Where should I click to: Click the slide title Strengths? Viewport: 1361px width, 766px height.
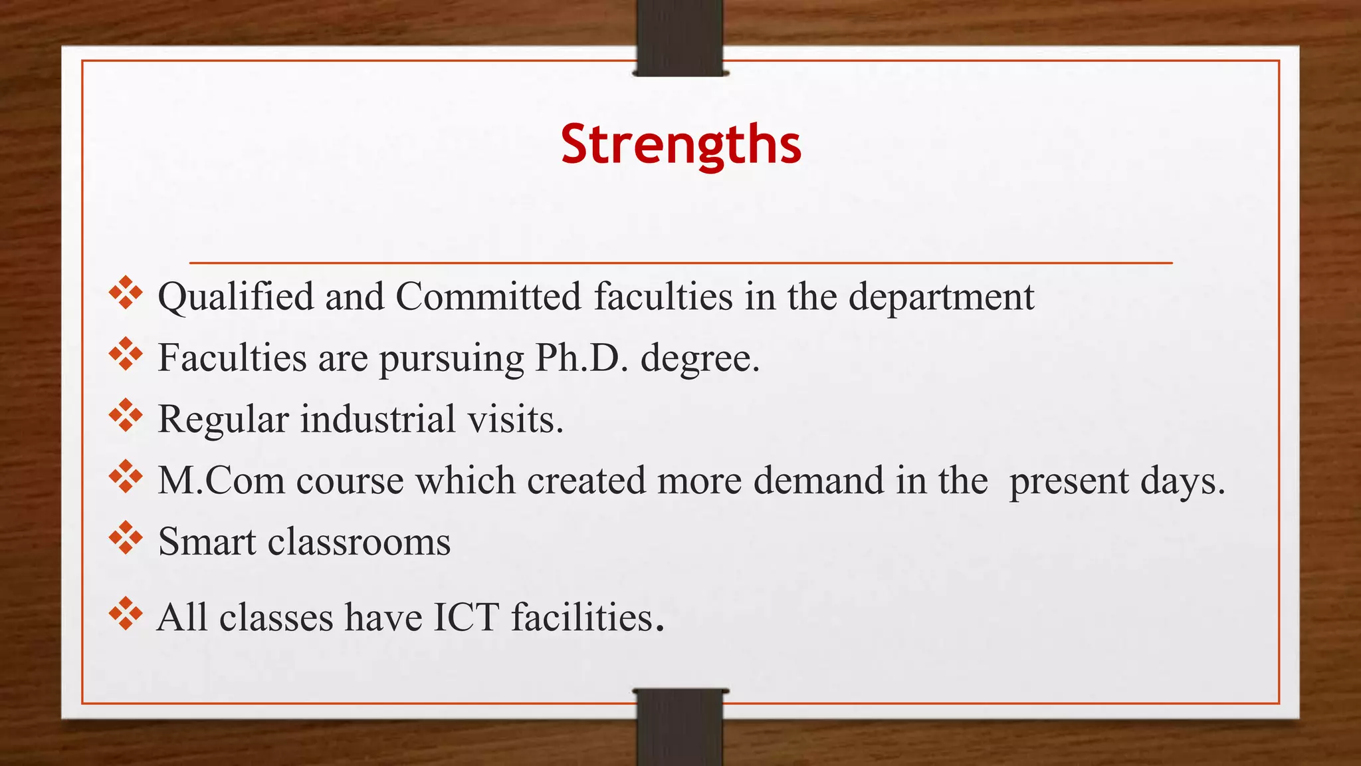pyautogui.click(x=680, y=144)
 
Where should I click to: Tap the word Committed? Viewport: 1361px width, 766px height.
pyautogui.click(x=488, y=297)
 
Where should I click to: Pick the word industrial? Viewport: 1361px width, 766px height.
pyautogui.click(x=378, y=419)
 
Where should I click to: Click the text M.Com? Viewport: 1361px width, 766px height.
pyautogui.click(x=221, y=480)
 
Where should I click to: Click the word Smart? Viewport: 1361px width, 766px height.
pyautogui.click(x=207, y=541)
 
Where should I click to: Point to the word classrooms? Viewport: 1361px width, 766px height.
pyautogui.click(x=359, y=541)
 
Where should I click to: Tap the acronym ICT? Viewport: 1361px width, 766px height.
pyautogui.click(x=466, y=617)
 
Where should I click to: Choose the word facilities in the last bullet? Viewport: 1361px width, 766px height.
pyautogui.click(x=583, y=617)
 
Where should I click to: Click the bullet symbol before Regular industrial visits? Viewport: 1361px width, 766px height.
pyautogui.click(x=126, y=416)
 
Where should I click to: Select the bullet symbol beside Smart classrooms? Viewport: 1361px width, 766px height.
pyautogui.click(x=126, y=538)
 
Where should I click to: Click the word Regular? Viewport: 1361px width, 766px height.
pyautogui.click(x=223, y=420)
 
